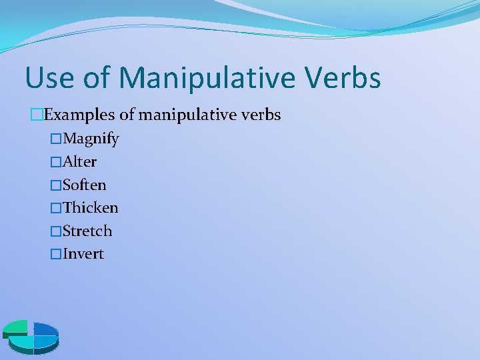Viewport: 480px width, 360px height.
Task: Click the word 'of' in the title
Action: pos(97,77)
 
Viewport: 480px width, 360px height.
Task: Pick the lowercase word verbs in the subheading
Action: pos(261,115)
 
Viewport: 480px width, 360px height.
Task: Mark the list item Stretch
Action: pos(87,231)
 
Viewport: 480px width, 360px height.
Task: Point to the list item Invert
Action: pos(83,254)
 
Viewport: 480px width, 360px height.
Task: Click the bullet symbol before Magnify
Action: pos(56,139)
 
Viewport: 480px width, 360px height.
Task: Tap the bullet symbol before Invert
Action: pos(56,254)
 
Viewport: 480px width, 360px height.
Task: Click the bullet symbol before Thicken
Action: pos(56,208)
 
